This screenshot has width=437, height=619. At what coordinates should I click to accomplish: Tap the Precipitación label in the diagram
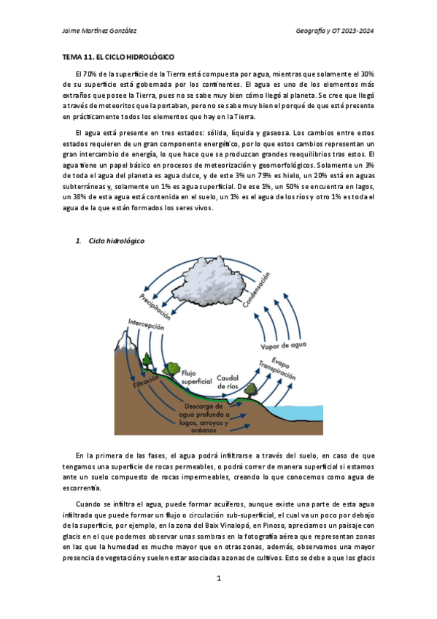[156, 306]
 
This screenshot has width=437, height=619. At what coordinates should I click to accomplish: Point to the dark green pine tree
[147, 360]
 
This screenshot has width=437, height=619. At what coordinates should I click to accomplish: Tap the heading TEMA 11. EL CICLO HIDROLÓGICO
[117, 56]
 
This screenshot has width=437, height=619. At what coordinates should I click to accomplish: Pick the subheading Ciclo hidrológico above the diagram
[116, 241]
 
